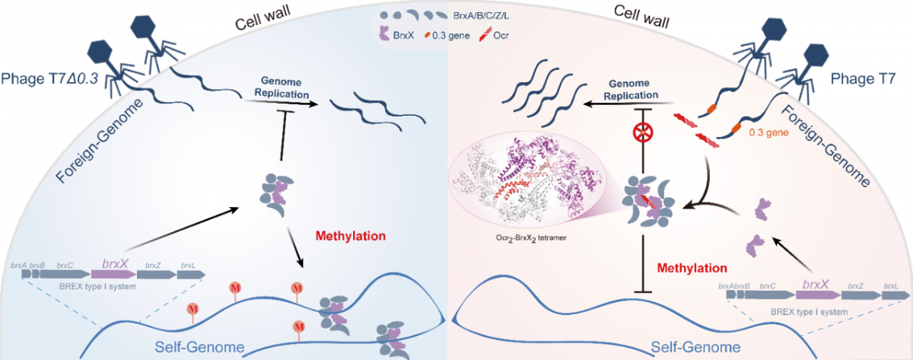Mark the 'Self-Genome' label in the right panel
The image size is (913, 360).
pos(695,347)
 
